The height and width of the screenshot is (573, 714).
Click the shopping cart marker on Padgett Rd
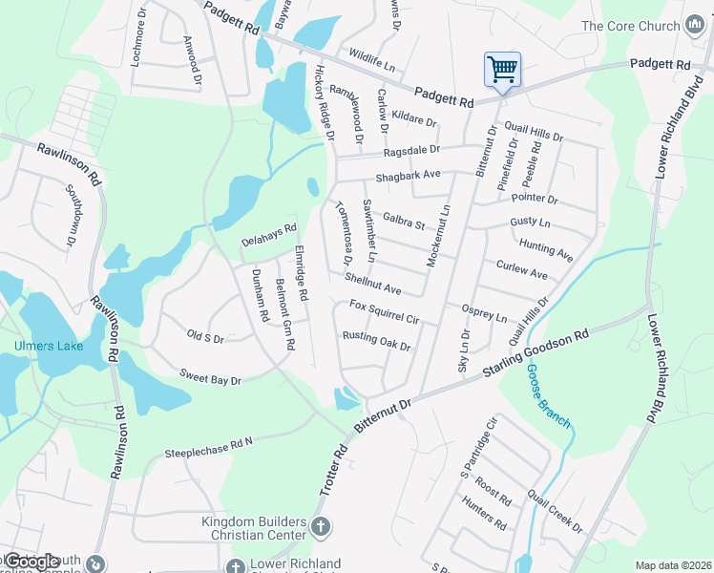[x=502, y=70]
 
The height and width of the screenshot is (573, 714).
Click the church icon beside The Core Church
[x=694, y=26]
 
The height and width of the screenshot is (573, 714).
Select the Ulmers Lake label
[x=48, y=346]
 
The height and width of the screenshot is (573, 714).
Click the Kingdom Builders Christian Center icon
[x=322, y=525]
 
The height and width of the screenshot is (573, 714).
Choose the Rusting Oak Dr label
[x=376, y=340]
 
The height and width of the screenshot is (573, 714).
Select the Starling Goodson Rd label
[x=536, y=352]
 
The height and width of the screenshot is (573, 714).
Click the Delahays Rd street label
[x=269, y=235]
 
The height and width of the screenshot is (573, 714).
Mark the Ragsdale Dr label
[x=411, y=150]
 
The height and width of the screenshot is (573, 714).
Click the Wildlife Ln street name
[x=372, y=65]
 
